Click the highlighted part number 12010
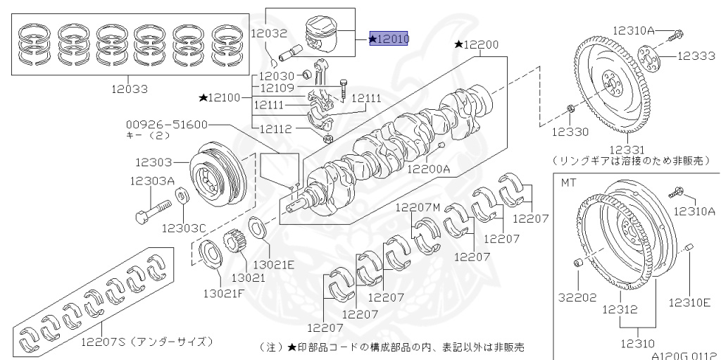coord(391,39)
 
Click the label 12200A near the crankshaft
coord(430,169)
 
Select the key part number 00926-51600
coord(168,124)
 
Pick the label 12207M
coord(418,207)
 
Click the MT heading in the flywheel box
coord(568,182)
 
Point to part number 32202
coord(578,297)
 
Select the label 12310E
coord(689,302)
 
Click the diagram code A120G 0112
coord(683,356)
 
